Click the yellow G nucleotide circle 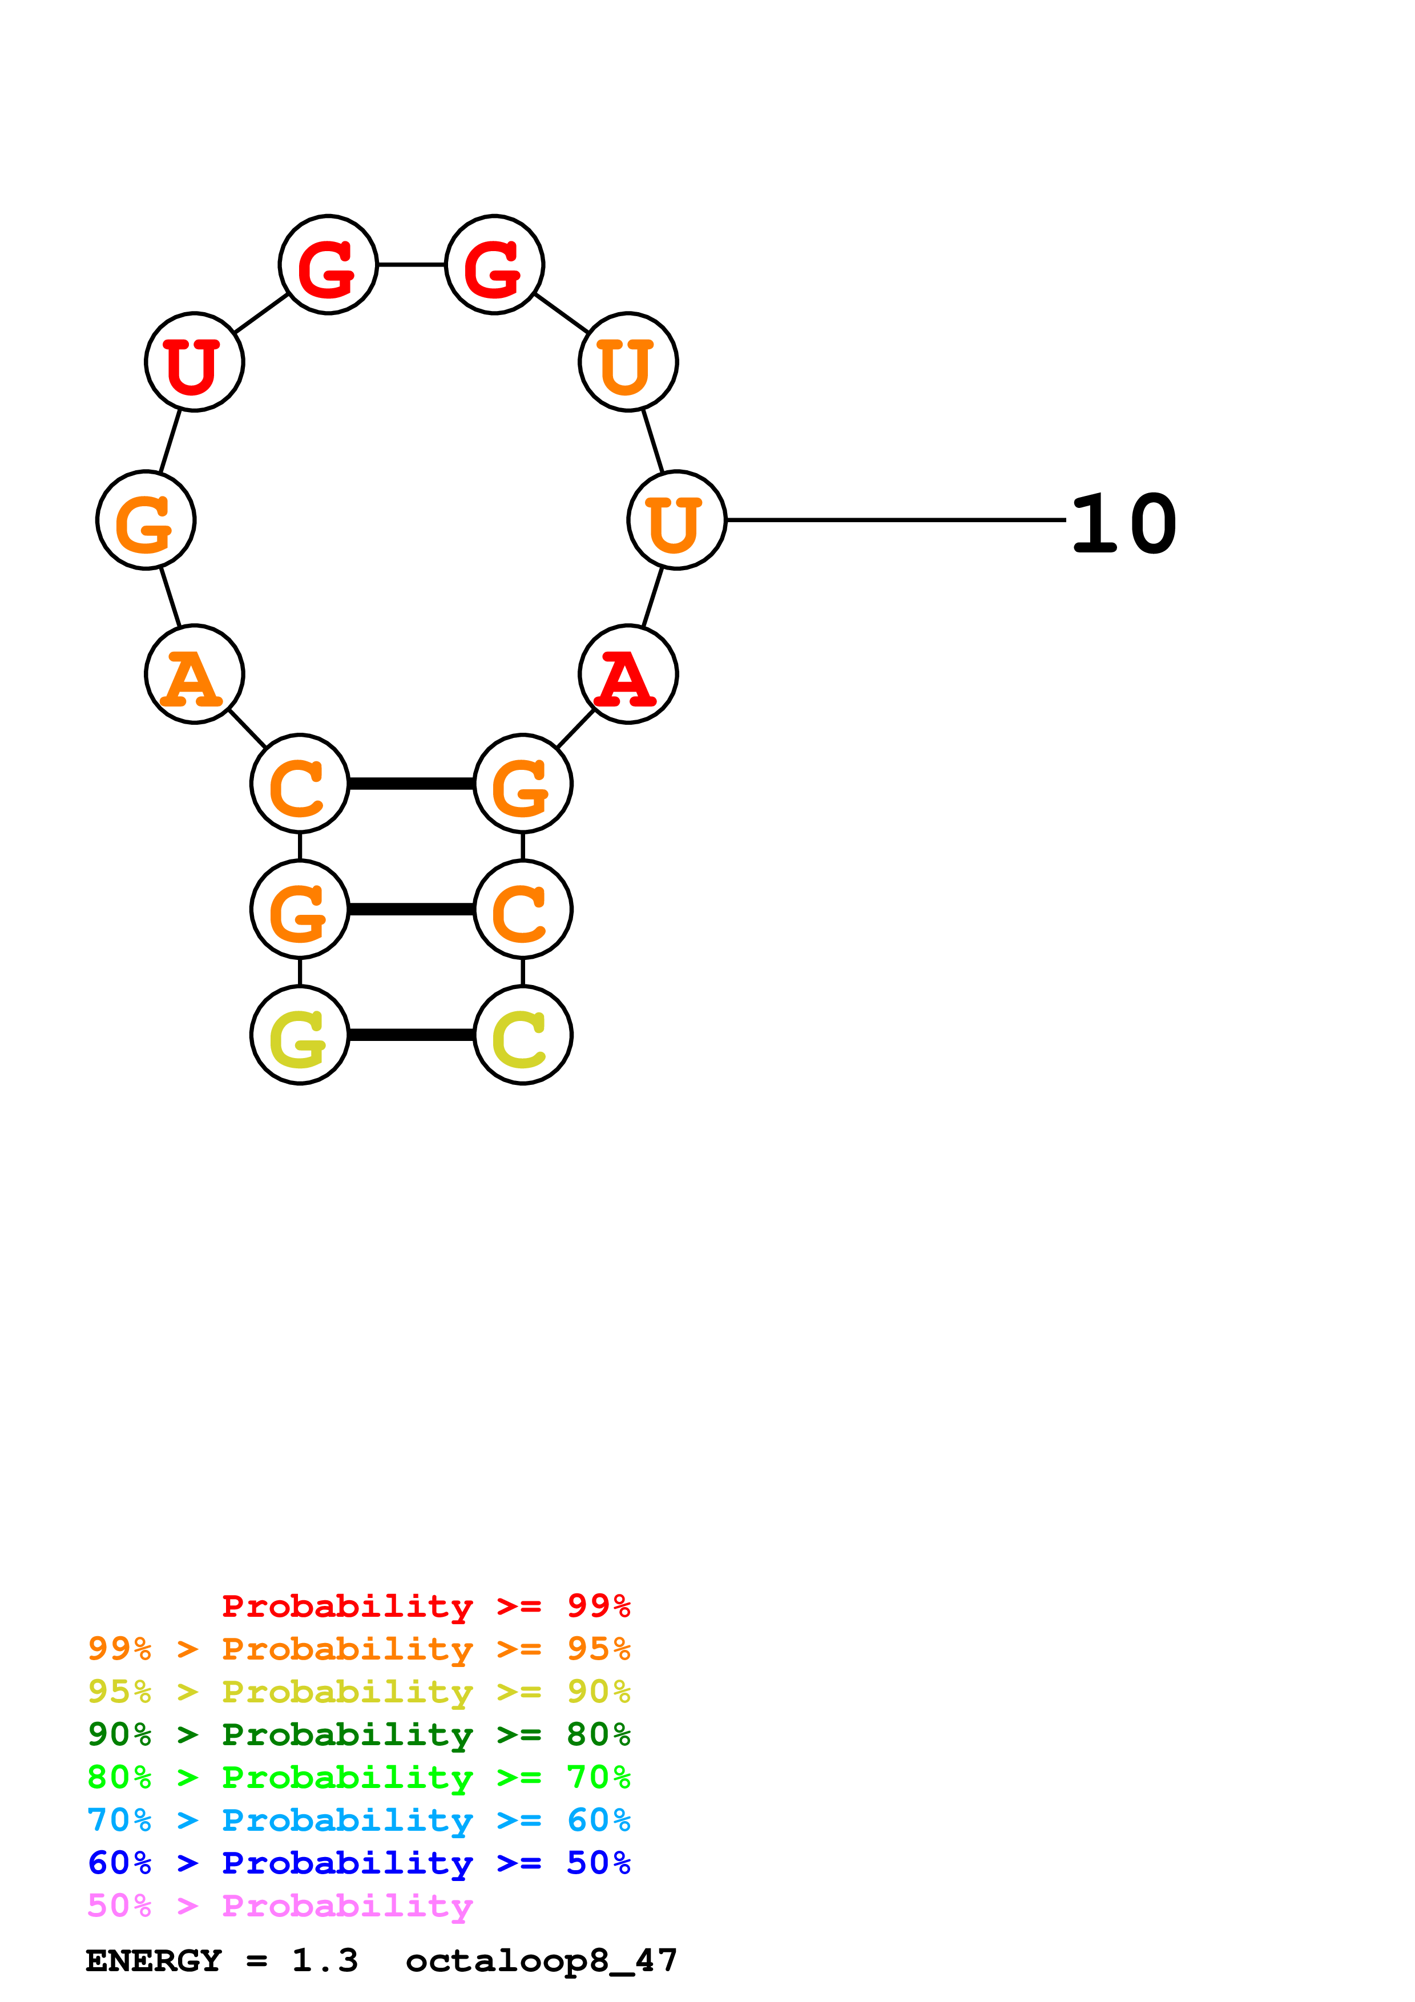coord(300,1035)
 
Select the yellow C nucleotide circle coord(522,1035)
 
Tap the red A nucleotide coord(628,674)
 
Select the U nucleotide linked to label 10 coord(676,520)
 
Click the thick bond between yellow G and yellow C coord(410,1035)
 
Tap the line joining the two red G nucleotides coord(410,264)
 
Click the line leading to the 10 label coord(896,520)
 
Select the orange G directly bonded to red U coord(146,520)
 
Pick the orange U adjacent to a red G coord(628,362)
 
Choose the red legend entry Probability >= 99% coord(425,1605)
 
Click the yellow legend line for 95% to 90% coord(358,1692)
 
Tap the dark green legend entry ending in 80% coord(358,1734)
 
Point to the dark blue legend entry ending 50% coord(358,1863)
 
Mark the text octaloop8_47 coord(541,1961)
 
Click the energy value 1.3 coord(324,1961)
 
